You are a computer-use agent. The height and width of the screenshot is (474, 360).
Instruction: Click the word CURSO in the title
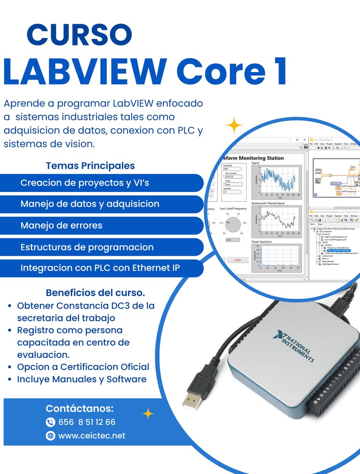click(x=79, y=35)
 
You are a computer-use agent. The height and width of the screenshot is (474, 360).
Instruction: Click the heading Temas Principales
click(x=90, y=165)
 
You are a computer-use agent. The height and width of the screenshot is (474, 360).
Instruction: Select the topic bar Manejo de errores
click(x=61, y=225)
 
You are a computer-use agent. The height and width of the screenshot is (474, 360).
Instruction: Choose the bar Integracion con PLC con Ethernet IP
click(x=100, y=268)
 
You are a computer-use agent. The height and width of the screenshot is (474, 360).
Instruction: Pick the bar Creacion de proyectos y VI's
click(x=85, y=183)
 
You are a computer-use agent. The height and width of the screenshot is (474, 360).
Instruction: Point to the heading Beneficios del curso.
click(x=95, y=293)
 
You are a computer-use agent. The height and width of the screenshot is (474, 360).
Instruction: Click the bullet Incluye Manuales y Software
click(x=82, y=379)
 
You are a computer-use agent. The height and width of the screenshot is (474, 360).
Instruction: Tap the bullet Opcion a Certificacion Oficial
click(x=83, y=367)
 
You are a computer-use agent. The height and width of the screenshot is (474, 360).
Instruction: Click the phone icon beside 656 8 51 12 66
click(x=51, y=422)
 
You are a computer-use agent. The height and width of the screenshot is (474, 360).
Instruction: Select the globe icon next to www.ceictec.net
click(x=51, y=436)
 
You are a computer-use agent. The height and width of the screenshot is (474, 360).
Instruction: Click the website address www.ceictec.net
click(x=92, y=436)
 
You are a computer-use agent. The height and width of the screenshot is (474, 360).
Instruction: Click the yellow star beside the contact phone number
click(x=148, y=413)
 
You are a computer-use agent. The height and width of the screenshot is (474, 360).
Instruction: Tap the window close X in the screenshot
click(x=305, y=140)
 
